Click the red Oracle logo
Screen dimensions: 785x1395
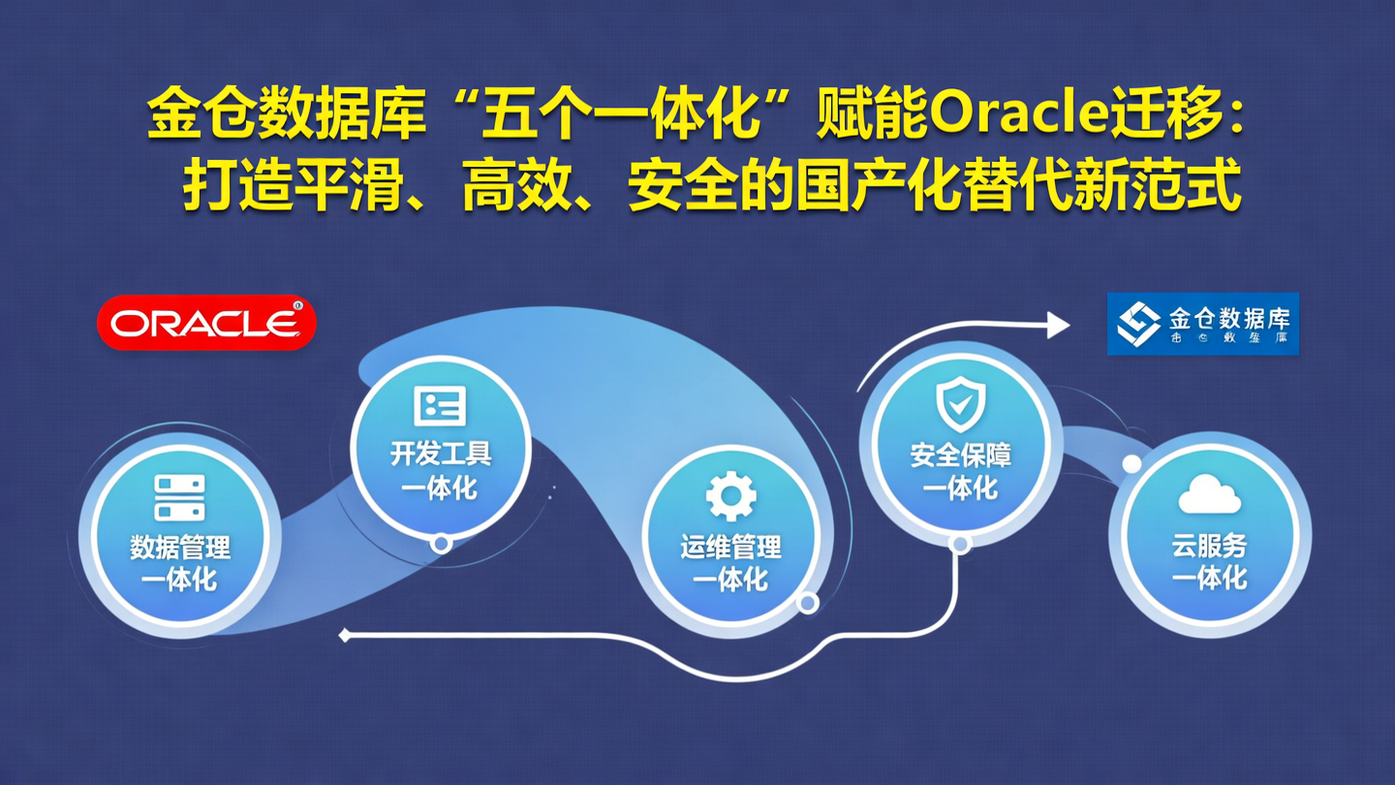click(206, 323)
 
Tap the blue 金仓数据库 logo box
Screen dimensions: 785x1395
click(1202, 324)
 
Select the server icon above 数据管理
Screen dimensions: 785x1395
click(180, 497)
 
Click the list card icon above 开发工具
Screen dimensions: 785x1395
click(440, 406)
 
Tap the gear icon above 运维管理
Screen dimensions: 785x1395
click(730, 496)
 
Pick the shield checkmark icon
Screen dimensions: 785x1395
click(960, 404)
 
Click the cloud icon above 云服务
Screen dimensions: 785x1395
click(1209, 495)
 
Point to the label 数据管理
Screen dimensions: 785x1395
click(180, 548)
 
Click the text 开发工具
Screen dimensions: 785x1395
click(441, 454)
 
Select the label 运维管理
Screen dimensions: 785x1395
click(730, 548)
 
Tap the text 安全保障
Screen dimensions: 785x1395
click(960, 455)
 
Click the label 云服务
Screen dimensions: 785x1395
click(1209, 546)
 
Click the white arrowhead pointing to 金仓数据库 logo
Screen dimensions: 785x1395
click(1058, 325)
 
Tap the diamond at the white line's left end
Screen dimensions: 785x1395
click(345, 636)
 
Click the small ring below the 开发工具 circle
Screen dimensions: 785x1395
click(441, 544)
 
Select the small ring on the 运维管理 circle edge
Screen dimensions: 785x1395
click(807, 603)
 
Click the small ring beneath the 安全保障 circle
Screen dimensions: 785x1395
click(960, 545)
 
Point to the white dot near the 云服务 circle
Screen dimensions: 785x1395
click(1131, 464)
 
